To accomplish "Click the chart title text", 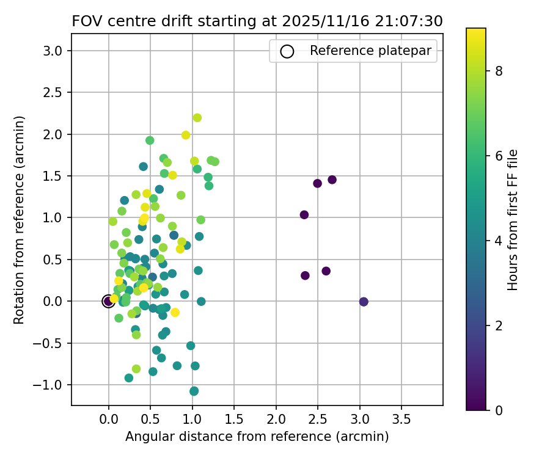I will [x=257, y=21].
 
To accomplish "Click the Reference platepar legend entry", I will [x=354, y=51].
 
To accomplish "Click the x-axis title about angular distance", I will [x=257, y=437].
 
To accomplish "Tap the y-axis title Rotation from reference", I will [x=19, y=220].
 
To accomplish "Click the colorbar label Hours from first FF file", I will [x=513, y=220].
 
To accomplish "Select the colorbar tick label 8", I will [x=499, y=71].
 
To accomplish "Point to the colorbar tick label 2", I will [x=499, y=325].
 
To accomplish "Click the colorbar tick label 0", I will [x=499, y=410].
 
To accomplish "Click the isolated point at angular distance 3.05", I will [x=364, y=302].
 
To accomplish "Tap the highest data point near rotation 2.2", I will [x=197, y=118].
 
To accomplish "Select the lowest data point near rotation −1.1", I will [x=194, y=391].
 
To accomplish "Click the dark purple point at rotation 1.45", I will [x=332, y=180].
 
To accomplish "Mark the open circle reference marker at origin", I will [x=108, y=301].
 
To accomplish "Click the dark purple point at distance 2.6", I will [x=326, y=271].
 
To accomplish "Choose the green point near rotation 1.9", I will [x=150, y=140].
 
